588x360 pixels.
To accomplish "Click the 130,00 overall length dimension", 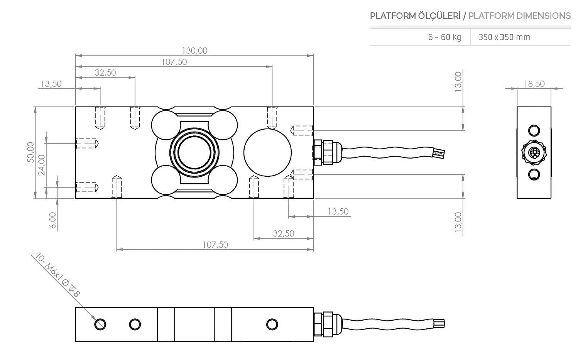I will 194,51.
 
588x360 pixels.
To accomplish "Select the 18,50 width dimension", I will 534,84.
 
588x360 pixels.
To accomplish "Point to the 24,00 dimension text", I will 41,165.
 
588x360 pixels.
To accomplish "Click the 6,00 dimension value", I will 53,220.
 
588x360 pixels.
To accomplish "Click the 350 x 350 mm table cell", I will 504,37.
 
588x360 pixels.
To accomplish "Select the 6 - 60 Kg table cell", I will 444,37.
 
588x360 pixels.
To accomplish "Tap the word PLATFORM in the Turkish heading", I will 392,16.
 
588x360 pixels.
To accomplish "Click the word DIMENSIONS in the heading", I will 544,16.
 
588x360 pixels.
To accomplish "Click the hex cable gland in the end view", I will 534,152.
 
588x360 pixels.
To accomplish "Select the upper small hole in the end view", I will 534,130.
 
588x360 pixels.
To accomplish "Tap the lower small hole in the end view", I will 534,174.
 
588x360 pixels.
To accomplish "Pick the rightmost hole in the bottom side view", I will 272,324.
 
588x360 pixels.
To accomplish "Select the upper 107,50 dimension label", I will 174,62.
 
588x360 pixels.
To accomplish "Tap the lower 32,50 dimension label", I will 283,233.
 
